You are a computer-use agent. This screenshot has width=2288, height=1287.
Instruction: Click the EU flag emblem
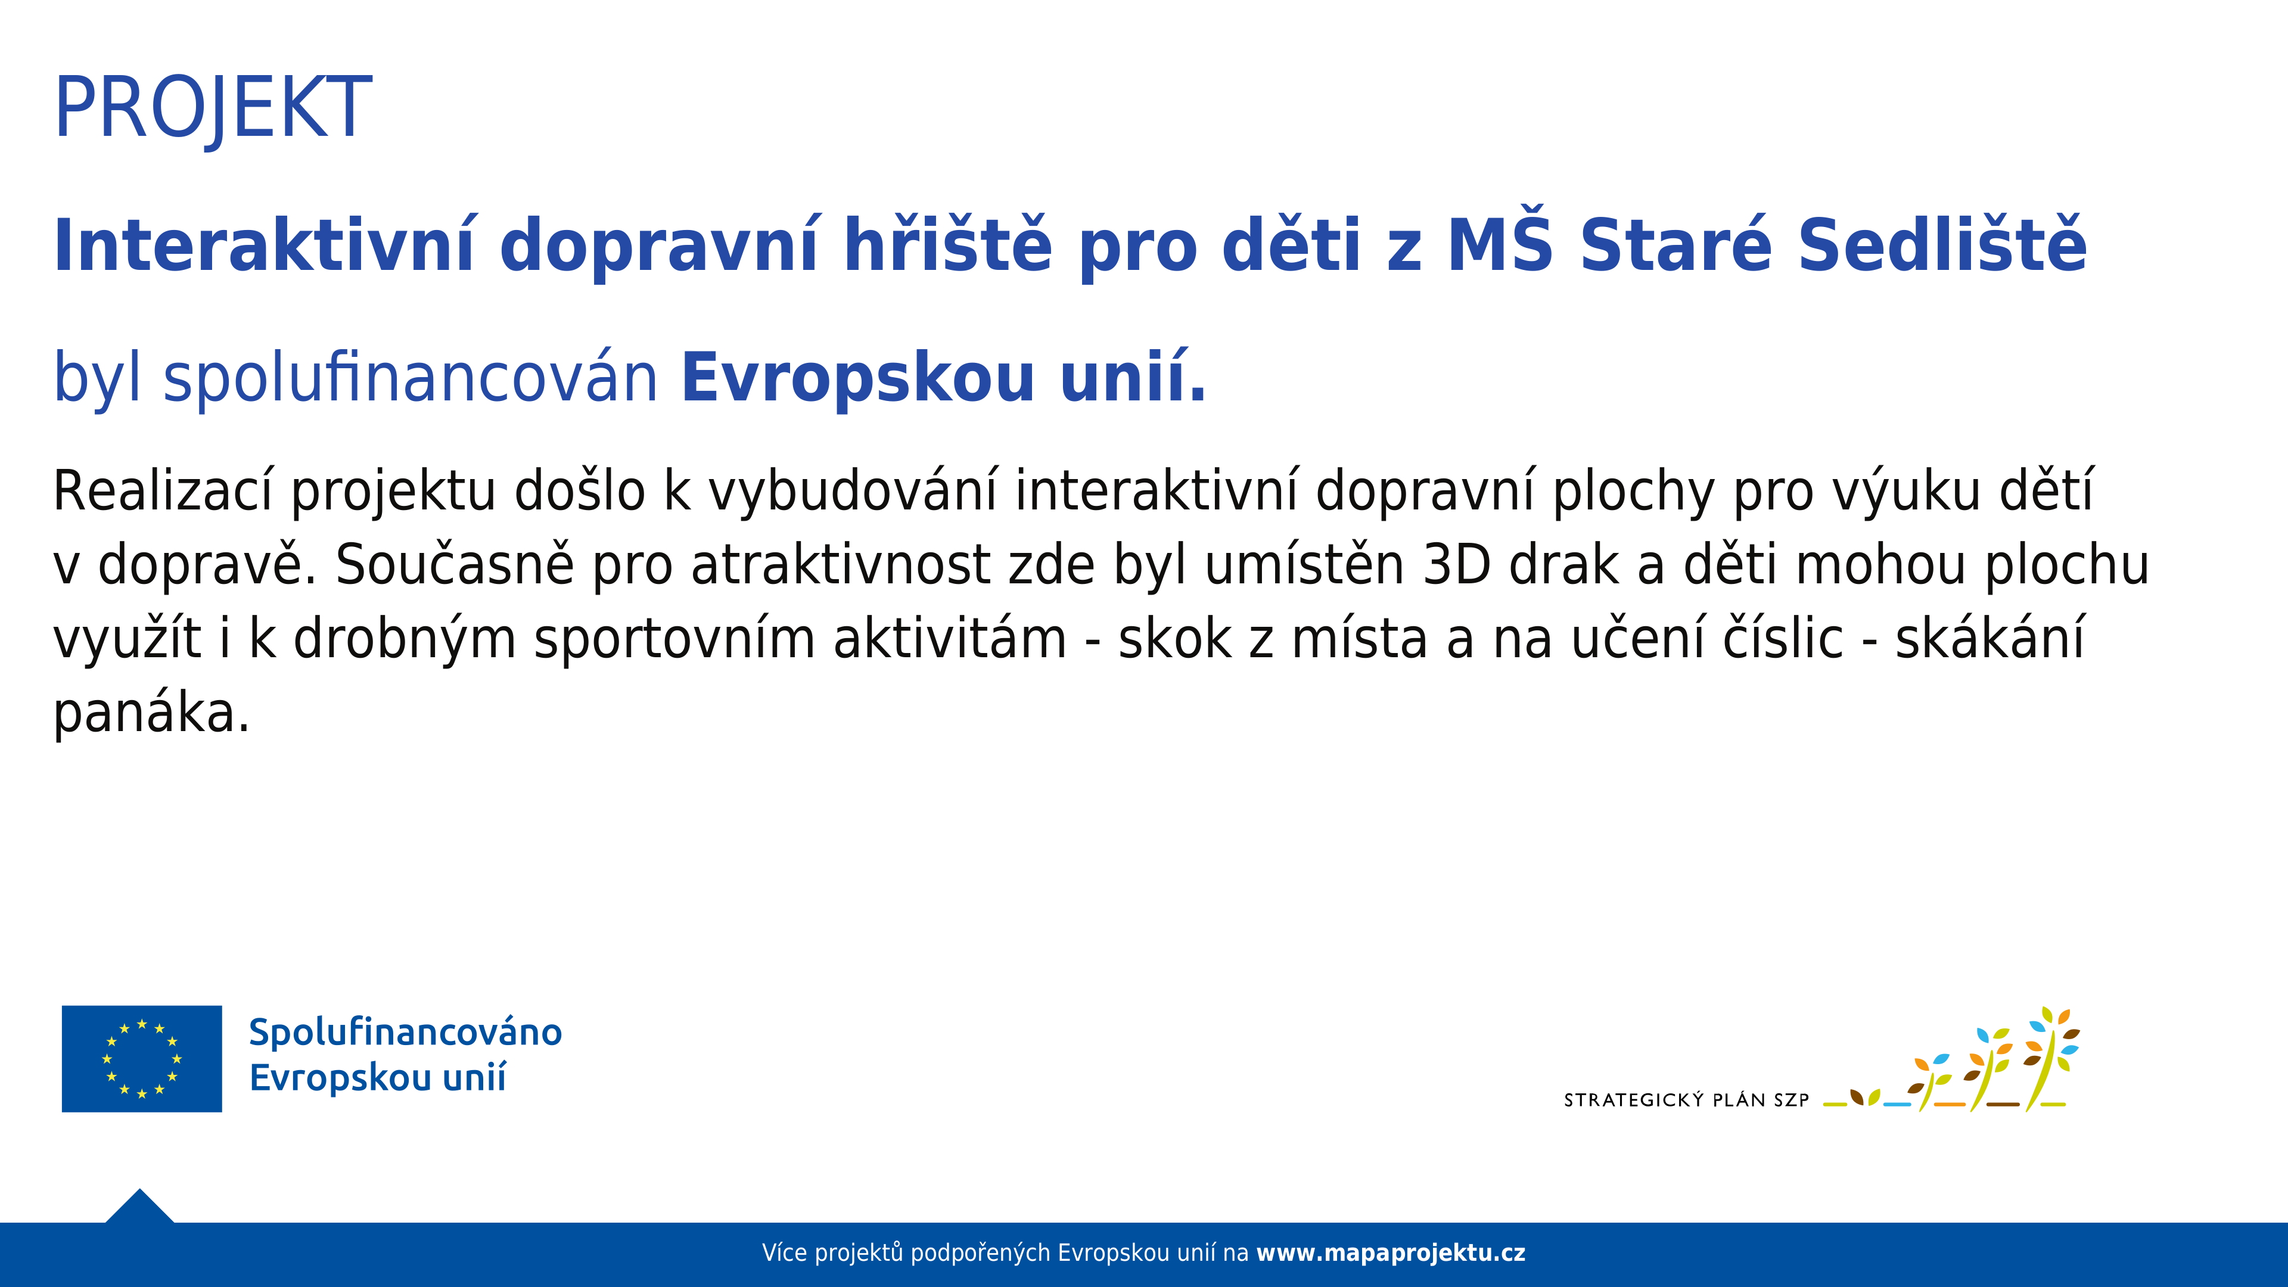pyautogui.click(x=142, y=1059)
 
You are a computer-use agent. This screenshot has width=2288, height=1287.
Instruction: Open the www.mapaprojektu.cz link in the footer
pyautogui.click(x=1390, y=1253)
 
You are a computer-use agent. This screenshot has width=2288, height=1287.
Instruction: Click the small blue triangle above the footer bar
pyautogui.click(x=139, y=1208)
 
